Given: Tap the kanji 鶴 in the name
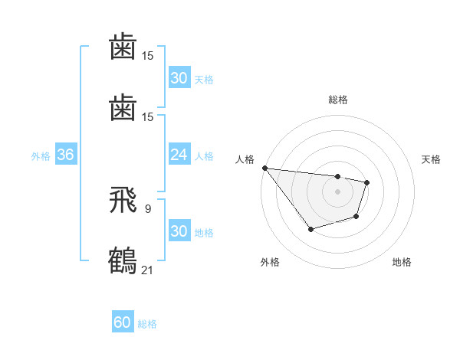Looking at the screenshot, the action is [123, 259].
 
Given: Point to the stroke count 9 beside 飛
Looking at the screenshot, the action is [147, 208].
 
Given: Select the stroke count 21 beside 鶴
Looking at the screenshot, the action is [148, 269].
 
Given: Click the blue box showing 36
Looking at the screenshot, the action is [65, 155].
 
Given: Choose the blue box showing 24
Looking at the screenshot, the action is [179, 155].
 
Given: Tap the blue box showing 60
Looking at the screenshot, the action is [123, 322].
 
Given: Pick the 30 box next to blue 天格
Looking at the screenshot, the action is [179, 78].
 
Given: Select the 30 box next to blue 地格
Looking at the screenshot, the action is [179, 231].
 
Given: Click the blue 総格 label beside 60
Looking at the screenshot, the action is [147, 324].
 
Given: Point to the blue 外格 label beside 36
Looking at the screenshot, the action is [41, 156].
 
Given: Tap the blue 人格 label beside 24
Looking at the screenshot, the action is [204, 156].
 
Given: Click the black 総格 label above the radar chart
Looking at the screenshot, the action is [337, 100].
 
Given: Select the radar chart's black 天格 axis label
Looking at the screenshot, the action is [432, 159].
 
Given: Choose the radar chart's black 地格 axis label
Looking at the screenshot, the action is [402, 262].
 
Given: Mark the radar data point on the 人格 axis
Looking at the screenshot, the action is [264, 168].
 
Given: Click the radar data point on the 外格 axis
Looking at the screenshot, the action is [310, 229].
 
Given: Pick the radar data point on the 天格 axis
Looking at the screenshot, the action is [367, 182].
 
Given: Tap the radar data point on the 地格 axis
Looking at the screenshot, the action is [356, 218].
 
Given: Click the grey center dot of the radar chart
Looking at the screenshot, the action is [337, 191].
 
